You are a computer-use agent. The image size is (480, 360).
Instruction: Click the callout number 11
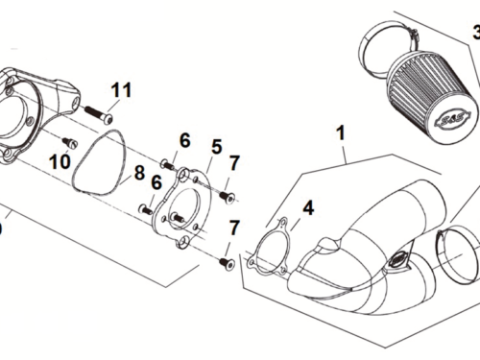tap(120, 91)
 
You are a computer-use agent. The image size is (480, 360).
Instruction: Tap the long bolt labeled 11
tap(96, 115)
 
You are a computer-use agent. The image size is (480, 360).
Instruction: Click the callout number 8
tap(139, 174)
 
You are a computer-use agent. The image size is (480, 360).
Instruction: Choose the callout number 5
tap(216, 147)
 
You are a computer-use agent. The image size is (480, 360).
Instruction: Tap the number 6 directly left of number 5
tap(184, 141)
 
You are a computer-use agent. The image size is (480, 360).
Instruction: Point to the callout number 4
tap(307, 206)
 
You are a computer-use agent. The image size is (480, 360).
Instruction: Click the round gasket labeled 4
tap(270, 247)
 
